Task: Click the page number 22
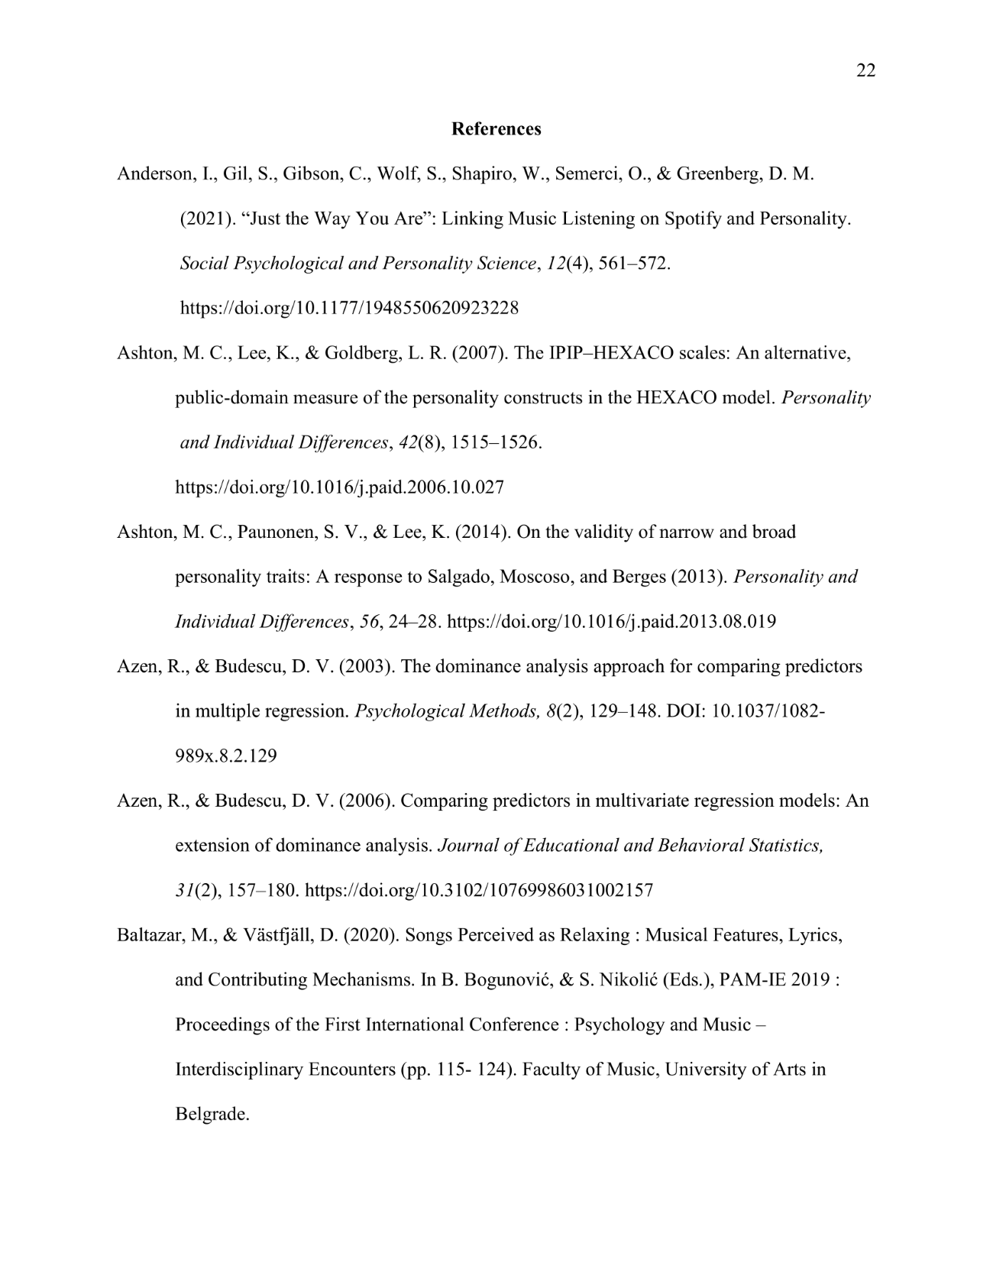click(x=865, y=71)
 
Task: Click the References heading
click(x=496, y=129)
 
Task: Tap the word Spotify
click(x=692, y=219)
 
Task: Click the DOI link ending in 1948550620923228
click(x=349, y=309)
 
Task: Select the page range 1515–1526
click(x=496, y=443)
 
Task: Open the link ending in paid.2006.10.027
click(x=339, y=487)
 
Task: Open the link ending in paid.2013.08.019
click(x=611, y=622)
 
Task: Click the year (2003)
click(x=367, y=667)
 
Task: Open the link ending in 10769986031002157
click(x=478, y=891)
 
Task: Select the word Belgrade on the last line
click(x=211, y=1115)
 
